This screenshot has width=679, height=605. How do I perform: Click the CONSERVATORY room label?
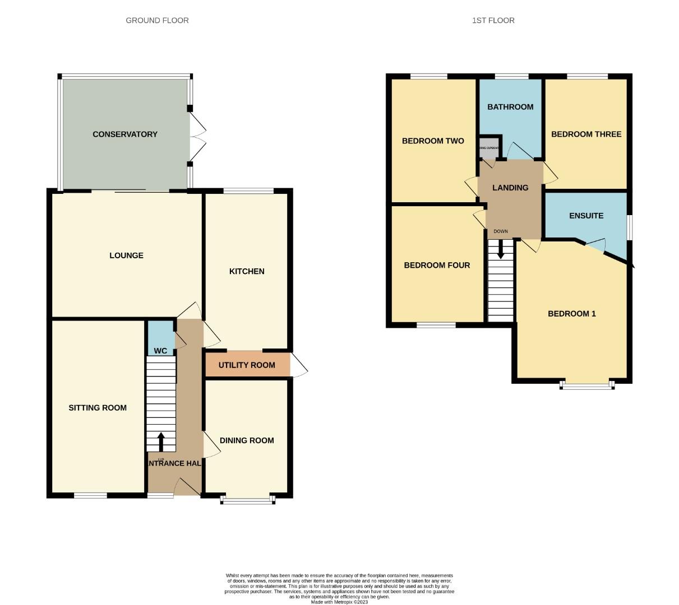click(x=125, y=134)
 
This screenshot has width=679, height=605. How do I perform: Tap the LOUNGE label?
click(x=126, y=255)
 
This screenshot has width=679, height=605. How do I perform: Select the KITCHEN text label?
click(x=247, y=271)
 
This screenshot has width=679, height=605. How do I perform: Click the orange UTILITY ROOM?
click(x=247, y=365)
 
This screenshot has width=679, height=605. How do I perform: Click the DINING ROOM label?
click(x=247, y=440)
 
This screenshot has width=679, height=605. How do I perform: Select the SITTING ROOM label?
click(x=98, y=408)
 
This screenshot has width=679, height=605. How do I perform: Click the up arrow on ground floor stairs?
click(x=161, y=441)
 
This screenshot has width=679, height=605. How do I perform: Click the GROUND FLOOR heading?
click(x=157, y=20)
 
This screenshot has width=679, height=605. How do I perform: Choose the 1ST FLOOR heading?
click(x=493, y=20)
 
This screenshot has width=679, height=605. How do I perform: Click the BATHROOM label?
click(x=510, y=107)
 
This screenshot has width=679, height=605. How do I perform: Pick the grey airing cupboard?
click(x=488, y=148)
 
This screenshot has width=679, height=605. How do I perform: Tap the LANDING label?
click(x=510, y=188)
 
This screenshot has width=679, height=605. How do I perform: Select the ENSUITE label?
click(x=586, y=216)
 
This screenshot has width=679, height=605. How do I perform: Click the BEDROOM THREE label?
click(x=586, y=134)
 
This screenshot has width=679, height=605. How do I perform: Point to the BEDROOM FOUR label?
click(x=437, y=266)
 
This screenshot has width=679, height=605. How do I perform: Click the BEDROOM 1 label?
click(x=572, y=314)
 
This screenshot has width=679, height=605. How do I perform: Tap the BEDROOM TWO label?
click(x=433, y=141)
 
